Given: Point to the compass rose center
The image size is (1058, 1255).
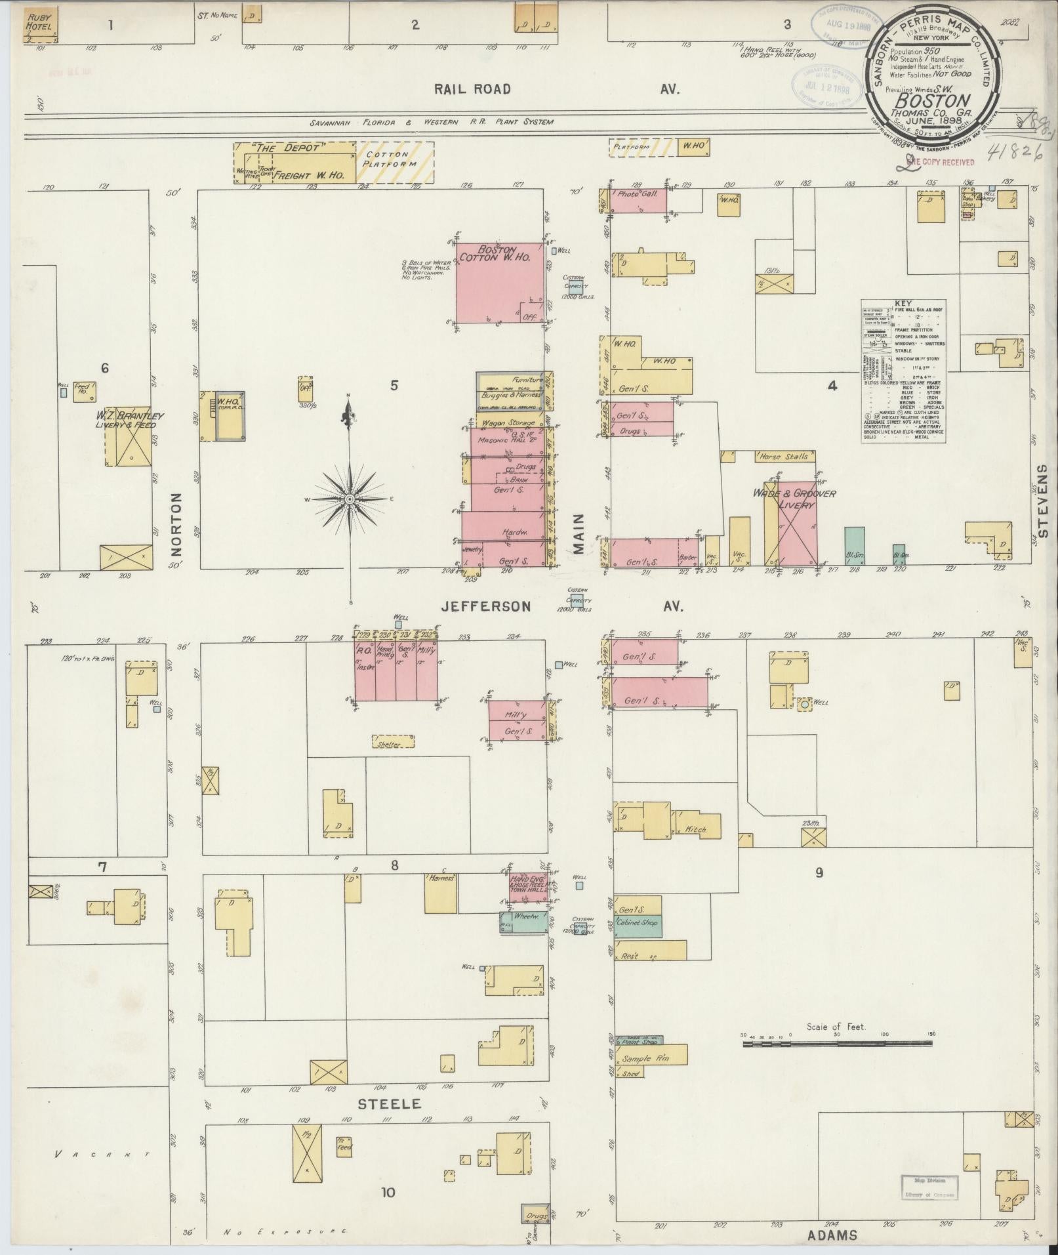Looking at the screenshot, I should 350,500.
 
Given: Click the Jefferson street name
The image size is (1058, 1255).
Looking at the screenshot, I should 485,607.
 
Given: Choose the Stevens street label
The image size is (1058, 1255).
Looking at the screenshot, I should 1044,499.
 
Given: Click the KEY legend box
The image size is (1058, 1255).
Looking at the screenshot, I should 903,371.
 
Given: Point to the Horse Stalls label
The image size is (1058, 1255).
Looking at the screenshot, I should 784,457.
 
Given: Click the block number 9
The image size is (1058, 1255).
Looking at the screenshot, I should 819,873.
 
